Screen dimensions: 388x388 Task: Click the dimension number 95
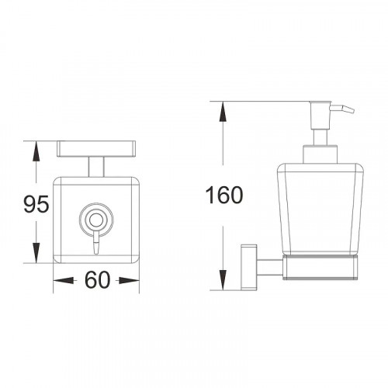click(36, 204)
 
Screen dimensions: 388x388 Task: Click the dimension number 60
click(97, 280)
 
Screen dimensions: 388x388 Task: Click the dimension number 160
click(224, 196)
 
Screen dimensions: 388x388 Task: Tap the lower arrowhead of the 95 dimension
click(36, 253)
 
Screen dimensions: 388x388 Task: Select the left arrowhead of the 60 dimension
click(64, 280)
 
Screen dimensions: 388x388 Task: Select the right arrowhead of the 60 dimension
click(129, 280)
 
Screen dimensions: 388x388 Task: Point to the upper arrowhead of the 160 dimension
click(223, 112)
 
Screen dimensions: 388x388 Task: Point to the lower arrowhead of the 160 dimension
click(223, 280)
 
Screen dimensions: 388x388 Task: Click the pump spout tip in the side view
click(352, 110)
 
